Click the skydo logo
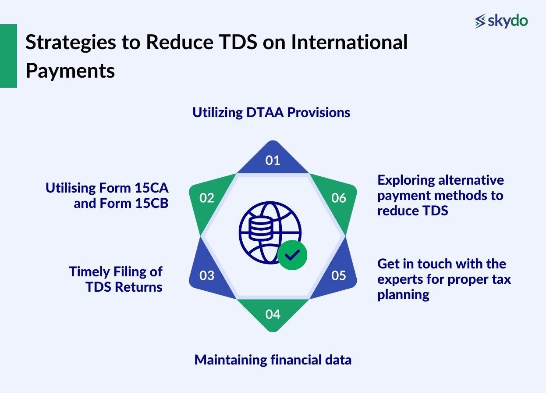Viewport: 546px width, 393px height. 501,21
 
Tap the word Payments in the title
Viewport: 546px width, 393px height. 70,71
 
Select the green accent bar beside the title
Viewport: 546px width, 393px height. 8,56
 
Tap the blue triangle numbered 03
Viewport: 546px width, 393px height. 207,275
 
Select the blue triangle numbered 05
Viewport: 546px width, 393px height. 338,275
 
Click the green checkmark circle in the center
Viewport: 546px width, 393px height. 292,254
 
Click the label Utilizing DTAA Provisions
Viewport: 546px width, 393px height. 271,112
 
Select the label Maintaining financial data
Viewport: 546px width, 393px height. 273,360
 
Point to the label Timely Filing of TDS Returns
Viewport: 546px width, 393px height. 116,279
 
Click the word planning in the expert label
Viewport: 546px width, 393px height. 403,294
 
